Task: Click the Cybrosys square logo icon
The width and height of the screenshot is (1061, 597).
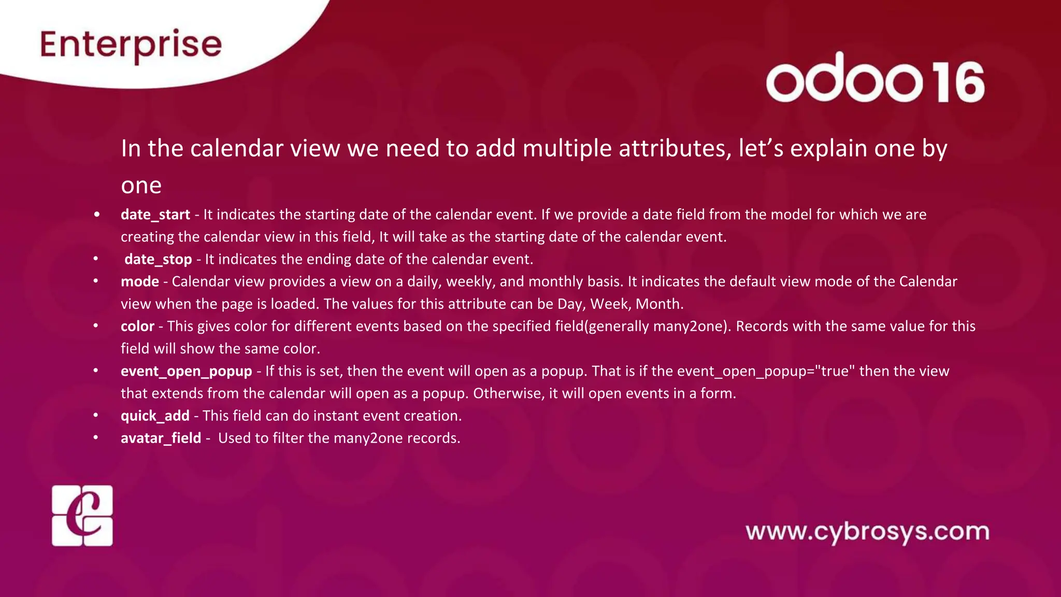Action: point(82,516)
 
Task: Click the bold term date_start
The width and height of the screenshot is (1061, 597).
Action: point(155,215)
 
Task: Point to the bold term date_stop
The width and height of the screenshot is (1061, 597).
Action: point(158,259)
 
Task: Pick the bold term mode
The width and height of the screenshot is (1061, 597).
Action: point(140,281)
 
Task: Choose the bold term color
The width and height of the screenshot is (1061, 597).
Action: point(137,326)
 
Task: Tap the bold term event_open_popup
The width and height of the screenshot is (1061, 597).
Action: point(187,371)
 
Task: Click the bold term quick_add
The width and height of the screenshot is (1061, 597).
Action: point(155,416)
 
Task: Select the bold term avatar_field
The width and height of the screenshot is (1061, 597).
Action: point(161,438)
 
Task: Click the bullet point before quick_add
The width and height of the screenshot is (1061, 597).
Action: point(96,416)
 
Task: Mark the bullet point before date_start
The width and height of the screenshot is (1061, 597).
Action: point(96,215)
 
